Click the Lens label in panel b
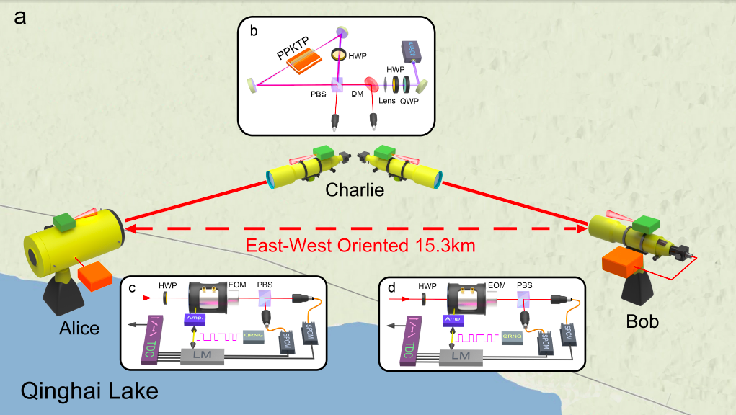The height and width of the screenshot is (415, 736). coord(386,102)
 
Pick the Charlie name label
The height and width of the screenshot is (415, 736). coord(355,191)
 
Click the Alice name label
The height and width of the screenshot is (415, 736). coord(80,329)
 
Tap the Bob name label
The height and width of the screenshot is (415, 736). coord(643,321)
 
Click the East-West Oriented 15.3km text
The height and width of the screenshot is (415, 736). coord(360,246)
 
